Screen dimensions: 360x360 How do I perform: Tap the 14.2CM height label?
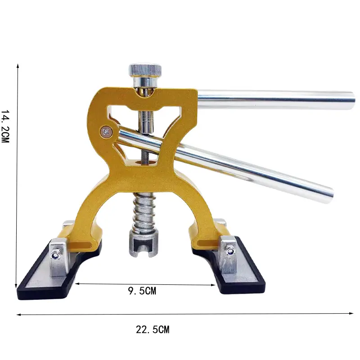click(x=5, y=126)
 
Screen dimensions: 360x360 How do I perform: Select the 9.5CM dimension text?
click(x=142, y=291)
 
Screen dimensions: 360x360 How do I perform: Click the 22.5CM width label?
click(x=153, y=330)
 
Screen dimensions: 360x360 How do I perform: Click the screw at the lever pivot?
click(x=106, y=132)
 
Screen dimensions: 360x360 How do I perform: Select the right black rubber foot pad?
click(x=229, y=266)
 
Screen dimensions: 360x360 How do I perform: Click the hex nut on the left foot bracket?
click(x=55, y=256)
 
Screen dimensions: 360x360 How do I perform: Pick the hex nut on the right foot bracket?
click(x=230, y=252)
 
